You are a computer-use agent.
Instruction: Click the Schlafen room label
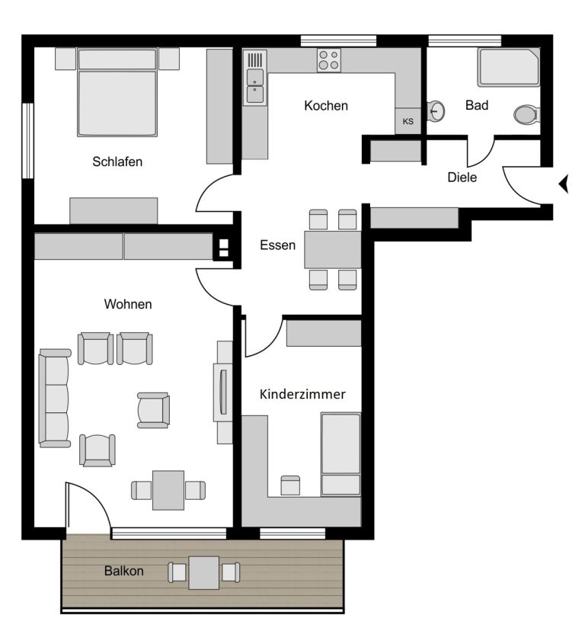coord(117,162)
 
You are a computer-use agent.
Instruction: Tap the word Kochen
coord(326,105)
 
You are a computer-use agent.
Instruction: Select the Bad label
coord(477,105)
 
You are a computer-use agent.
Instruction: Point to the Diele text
coord(462,177)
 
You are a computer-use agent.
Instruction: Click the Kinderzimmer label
coord(302,394)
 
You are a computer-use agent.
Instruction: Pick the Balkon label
coord(123,571)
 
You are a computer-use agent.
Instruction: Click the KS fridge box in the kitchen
coord(408,121)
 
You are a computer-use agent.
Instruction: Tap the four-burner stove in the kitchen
coord(329,60)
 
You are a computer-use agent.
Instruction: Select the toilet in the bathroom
coord(526,114)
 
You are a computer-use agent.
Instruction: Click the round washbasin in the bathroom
coord(436,111)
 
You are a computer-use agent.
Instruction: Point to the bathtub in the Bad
coord(509,67)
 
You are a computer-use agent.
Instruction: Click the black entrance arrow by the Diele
coord(563,184)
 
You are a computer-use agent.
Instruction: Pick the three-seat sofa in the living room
coord(55,398)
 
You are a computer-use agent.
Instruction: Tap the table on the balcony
coord(204,572)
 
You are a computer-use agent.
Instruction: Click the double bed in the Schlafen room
coord(117,92)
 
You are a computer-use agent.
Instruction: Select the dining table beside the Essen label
coord(332,249)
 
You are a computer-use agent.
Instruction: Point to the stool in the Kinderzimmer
coord(290,485)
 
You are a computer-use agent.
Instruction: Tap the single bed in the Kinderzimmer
coord(340,454)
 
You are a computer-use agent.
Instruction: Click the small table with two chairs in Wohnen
coord(168,490)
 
